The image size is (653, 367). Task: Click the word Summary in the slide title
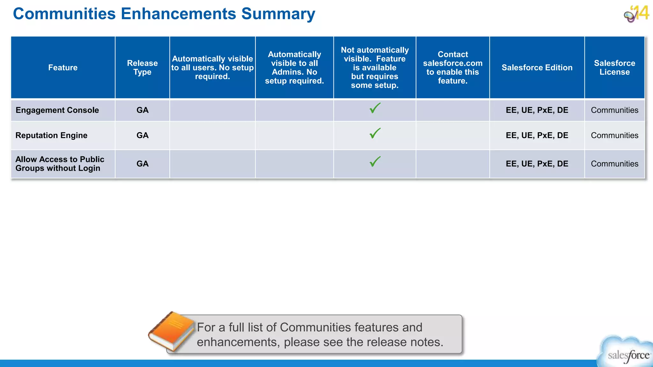pos(278,14)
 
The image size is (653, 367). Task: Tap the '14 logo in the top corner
pos(637,14)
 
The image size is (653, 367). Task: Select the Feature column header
pos(63,68)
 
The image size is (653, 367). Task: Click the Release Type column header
pos(142,68)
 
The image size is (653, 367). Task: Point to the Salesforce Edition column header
pos(537,68)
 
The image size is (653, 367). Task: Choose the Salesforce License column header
pos(614,68)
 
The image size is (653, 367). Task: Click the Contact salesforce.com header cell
pos(452,68)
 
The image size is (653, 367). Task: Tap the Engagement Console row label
pos(57,110)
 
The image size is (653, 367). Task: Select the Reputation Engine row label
pos(51,135)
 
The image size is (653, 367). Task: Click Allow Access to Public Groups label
pos(60,164)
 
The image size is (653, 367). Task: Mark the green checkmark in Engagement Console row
pos(375,108)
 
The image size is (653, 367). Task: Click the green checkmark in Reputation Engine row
pos(375,133)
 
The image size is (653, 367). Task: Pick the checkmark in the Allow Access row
pos(375,162)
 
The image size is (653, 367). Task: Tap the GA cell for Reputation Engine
pos(143,135)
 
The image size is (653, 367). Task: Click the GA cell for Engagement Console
pos(143,110)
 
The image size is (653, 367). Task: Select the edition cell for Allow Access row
pos(537,164)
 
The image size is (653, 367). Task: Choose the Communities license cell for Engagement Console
pos(614,110)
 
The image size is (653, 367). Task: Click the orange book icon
pos(172,331)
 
